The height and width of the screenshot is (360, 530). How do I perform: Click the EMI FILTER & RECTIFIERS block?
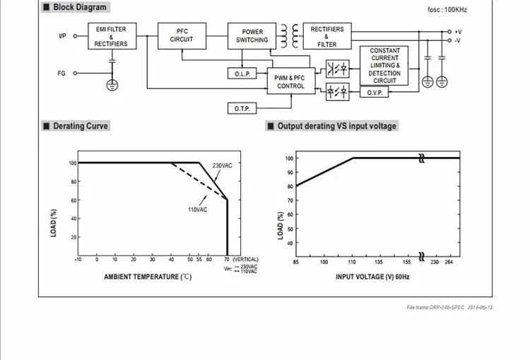(x=112, y=36)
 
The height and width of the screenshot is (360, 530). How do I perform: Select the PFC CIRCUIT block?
(x=182, y=36)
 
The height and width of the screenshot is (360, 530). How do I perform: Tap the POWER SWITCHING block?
(x=252, y=36)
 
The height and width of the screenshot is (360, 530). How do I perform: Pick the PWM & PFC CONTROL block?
(x=291, y=81)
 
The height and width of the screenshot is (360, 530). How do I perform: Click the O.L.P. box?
(x=242, y=74)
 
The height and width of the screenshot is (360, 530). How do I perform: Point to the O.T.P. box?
(x=242, y=108)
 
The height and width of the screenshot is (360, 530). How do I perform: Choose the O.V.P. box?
(x=374, y=92)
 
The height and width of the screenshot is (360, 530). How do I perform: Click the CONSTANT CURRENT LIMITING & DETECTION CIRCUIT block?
(x=384, y=66)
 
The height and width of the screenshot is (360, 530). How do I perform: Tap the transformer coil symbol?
(x=290, y=36)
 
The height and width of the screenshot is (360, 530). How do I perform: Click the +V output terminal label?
(x=458, y=32)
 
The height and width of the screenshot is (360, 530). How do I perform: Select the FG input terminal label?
(x=61, y=73)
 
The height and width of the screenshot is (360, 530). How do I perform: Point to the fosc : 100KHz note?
(x=447, y=9)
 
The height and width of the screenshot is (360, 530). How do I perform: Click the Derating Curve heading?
(x=81, y=126)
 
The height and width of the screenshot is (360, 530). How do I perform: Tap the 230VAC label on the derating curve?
(x=223, y=166)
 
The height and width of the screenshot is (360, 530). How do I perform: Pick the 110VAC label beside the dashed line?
(x=198, y=209)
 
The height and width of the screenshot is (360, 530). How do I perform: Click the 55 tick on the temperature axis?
(x=199, y=260)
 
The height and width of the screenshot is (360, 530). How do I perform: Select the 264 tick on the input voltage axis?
(x=449, y=262)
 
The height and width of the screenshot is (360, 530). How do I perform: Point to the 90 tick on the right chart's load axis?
(x=290, y=172)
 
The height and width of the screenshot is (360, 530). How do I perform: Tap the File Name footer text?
(x=449, y=307)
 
